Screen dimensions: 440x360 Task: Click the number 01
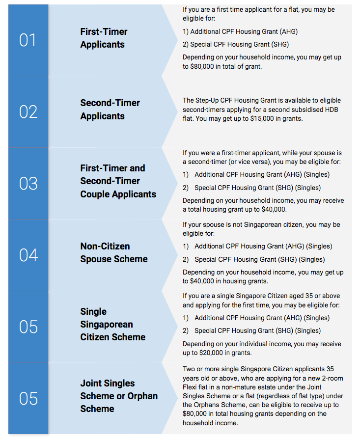[x=28, y=40]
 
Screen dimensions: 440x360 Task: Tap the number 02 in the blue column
[x=28, y=112]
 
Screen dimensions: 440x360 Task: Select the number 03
[x=28, y=184]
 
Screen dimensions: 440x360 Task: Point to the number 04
[x=28, y=255]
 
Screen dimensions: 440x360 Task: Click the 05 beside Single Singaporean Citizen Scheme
[x=28, y=327]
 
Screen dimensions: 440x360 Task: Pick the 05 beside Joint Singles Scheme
[x=28, y=399]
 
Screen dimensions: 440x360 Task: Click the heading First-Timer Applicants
[x=104, y=38]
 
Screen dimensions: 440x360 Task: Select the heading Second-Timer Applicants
[x=110, y=110]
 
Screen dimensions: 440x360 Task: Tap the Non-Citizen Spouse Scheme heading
[x=114, y=252]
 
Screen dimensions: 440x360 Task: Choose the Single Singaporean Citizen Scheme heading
[x=113, y=324]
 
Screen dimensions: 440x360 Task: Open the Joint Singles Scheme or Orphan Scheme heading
[x=119, y=396]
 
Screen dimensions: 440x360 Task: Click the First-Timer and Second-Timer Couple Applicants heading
[x=118, y=181]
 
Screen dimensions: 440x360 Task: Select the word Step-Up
[x=211, y=100]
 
